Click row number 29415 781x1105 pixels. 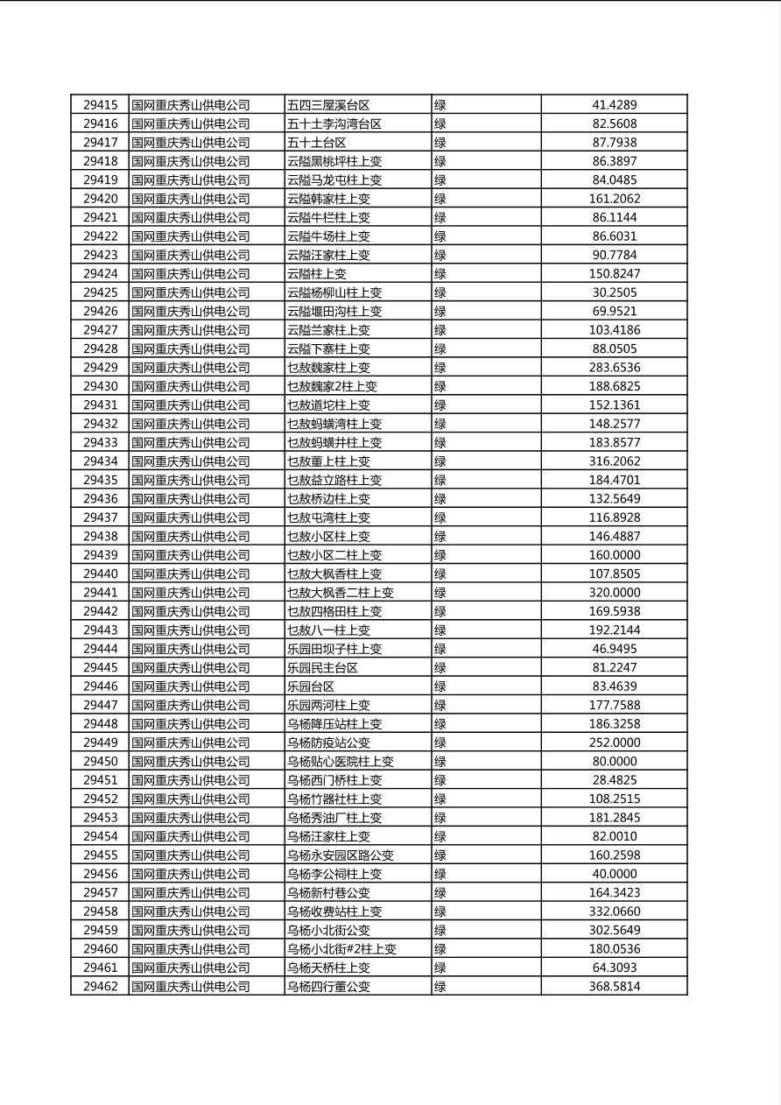click(x=100, y=105)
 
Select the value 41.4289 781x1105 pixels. click(x=614, y=105)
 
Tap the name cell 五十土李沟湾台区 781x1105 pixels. click(x=334, y=124)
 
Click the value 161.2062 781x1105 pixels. click(x=614, y=199)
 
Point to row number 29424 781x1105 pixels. click(x=100, y=274)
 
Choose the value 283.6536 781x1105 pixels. click(x=614, y=368)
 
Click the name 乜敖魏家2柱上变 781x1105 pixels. click(x=332, y=386)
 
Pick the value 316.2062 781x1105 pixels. click(x=614, y=461)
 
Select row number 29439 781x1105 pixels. click(x=100, y=555)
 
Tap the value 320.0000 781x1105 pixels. click(x=614, y=593)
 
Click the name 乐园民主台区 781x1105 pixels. click(x=322, y=668)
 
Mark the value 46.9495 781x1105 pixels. click(x=614, y=649)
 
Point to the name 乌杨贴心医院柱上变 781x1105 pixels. click(x=341, y=762)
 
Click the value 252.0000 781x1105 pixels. click(x=614, y=743)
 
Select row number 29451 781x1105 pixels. click(x=100, y=780)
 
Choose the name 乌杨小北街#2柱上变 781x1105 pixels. click(x=341, y=949)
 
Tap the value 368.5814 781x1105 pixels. click(x=614, y=987)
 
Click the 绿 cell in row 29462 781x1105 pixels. click(x=440, y=987)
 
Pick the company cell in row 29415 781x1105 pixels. click(x=191, y=105)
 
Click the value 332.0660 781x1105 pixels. click(x=614, y=911)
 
